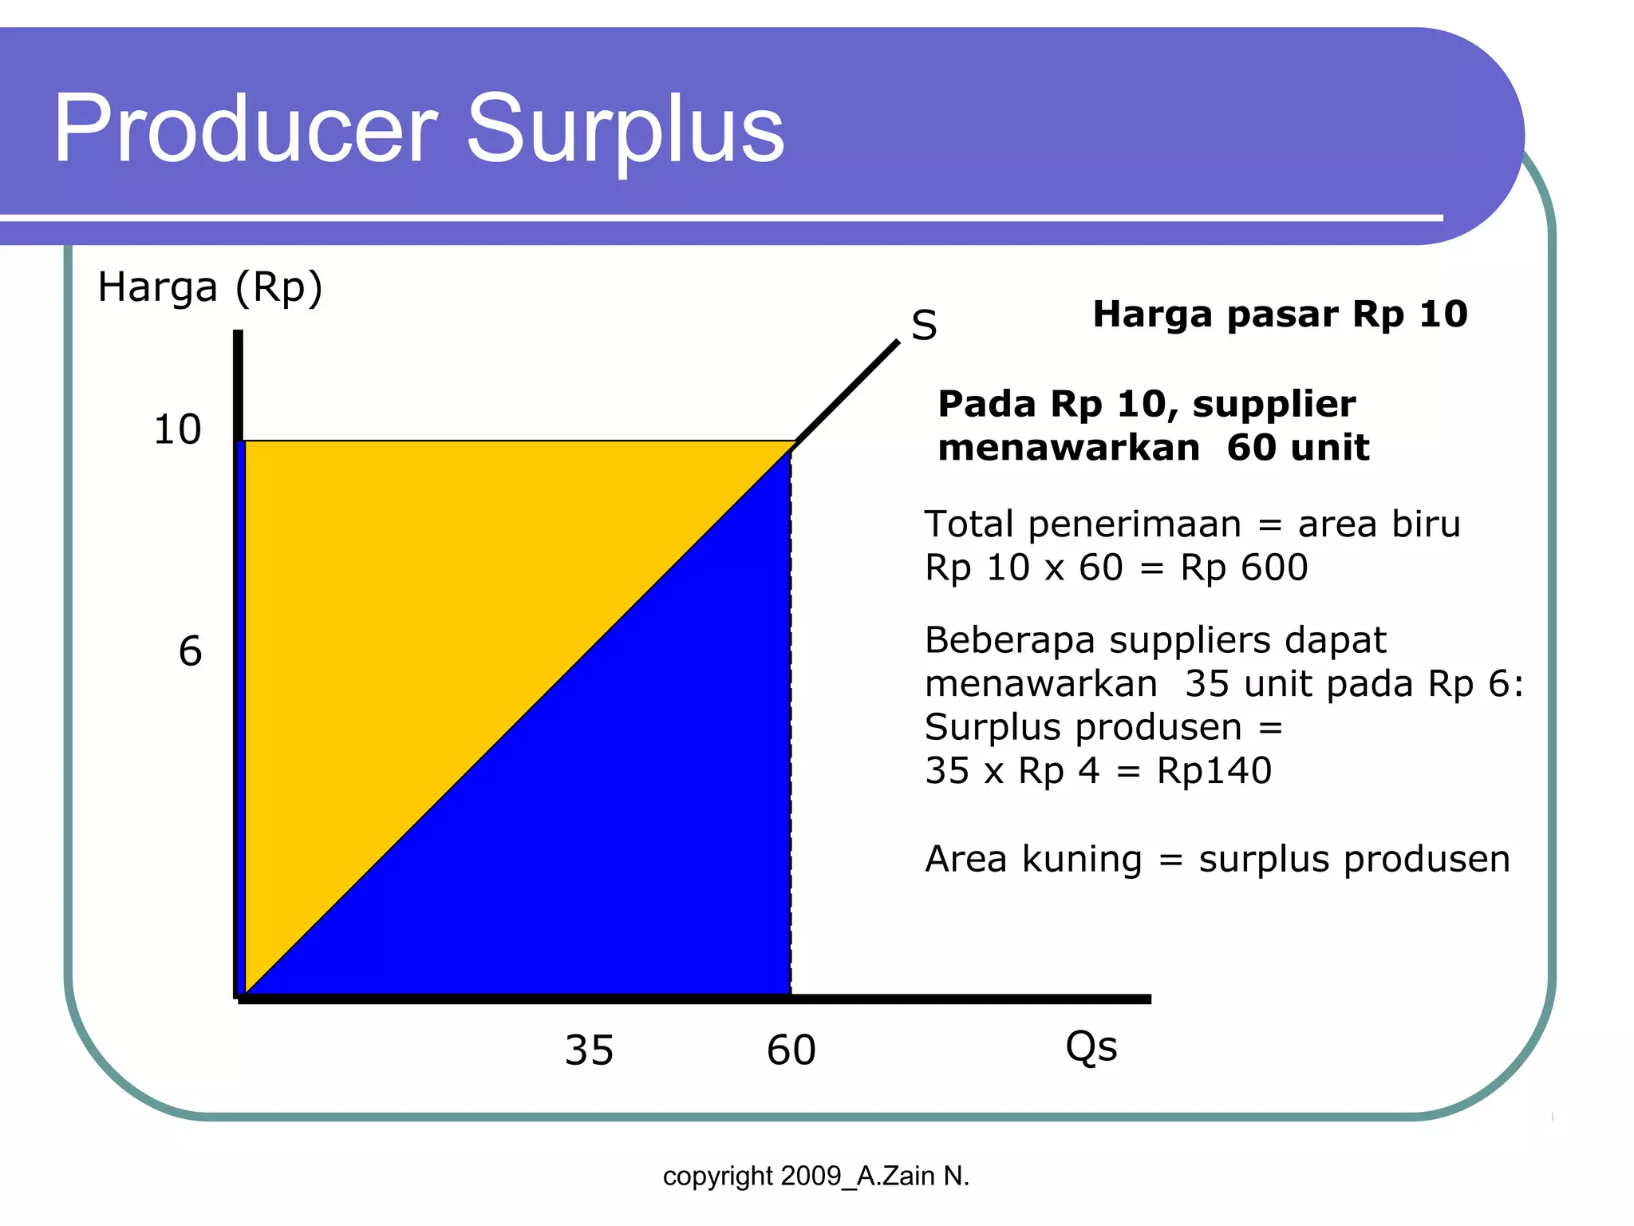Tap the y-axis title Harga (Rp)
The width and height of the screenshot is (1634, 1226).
[x=210, y=287]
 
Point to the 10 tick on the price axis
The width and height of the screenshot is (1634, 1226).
[x=177, y=429]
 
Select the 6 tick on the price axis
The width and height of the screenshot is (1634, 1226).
[x=190, y=651]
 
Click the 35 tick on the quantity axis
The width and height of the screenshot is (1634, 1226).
[x=589, y=1050]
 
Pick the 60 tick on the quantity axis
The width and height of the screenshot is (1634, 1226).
[x=791, y=1050]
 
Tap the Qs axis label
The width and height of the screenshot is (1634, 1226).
[x=1091, y=1047]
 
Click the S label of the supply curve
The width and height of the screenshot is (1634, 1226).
[x=924, y=326]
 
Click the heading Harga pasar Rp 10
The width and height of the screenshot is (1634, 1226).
[x=1280, y=314]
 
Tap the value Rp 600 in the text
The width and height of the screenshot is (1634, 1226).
[x=1244, y=568]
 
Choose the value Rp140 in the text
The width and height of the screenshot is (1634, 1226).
[x=1214, y=771]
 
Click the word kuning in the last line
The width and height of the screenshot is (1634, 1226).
[x=1082, y=860]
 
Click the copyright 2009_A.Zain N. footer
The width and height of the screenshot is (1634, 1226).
[x=815, y=1176]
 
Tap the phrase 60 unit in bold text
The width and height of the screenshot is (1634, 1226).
[x=1297, y=447]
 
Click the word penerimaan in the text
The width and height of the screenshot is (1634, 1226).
[x=1134, y=524]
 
